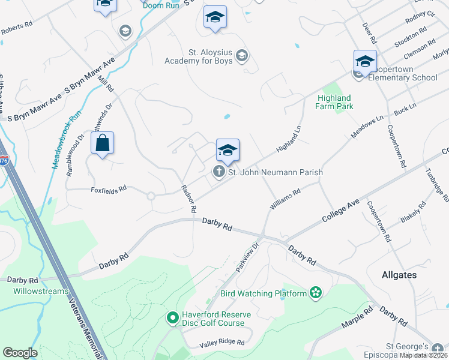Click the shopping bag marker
coord(103,144)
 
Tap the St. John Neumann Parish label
coord(276,173)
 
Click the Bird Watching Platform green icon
coord(316,293)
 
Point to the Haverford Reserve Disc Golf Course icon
coord(172,317)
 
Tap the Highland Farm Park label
coord(334,102)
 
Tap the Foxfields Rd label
coord(109,188)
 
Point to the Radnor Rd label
coord(189,199)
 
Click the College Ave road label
coord(340,211)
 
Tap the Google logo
coord(20,353)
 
